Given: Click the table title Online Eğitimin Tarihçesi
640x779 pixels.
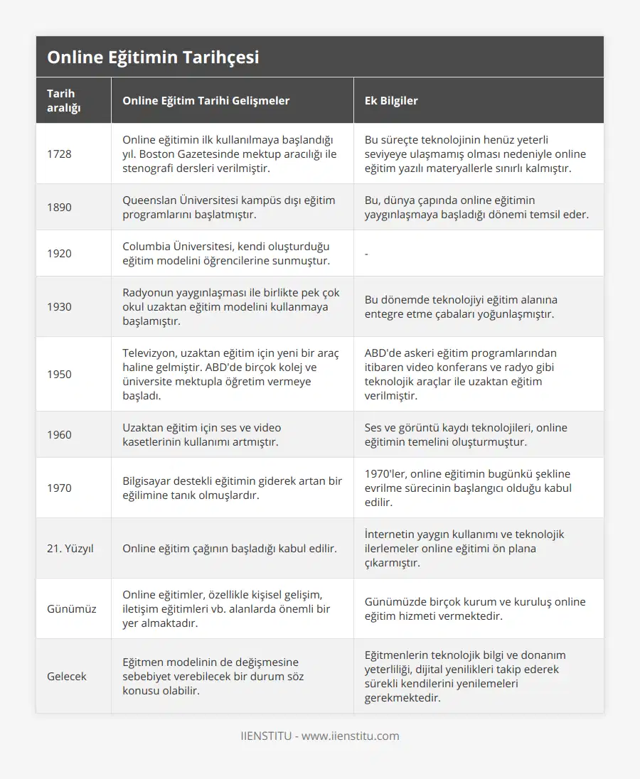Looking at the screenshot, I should [x=153, y=58].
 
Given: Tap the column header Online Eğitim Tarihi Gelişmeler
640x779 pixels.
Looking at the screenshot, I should [x=206, y=100].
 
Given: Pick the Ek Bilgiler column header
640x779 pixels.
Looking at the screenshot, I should [x=391, y=100].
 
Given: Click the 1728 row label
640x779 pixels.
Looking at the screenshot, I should [x=59, y=154].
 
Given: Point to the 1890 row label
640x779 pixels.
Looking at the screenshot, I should [x=59, y=207].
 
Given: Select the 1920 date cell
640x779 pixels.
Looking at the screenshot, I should [x=59, y=253].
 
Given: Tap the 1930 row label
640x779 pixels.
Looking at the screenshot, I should [x=59, y=306].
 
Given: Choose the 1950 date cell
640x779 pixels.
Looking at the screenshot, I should [x=59, y=374].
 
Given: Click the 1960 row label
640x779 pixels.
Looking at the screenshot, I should [x=59, y=434].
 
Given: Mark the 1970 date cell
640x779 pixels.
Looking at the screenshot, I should [x=59, y=488].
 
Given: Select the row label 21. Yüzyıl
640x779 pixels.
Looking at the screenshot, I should [x=70, y=548].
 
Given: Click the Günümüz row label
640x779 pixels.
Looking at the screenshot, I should [x=71, y=608].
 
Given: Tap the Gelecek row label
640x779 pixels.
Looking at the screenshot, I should [x=67, y=676].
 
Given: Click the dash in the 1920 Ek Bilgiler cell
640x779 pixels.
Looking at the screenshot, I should [x=366, y=254].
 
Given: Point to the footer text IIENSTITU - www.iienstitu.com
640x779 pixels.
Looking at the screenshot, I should [x=320, y=736].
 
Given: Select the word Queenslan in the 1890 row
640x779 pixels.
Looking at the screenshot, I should [x=151, y=200].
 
